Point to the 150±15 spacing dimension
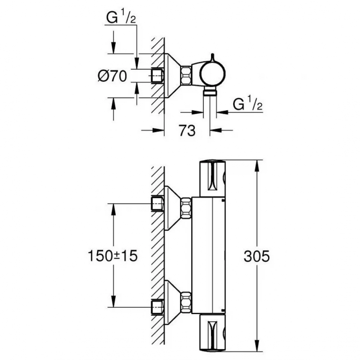[x=112, y=256]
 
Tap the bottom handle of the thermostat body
[x=211, y=333]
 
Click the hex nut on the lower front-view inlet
[x=186, y=300]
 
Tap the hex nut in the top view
[x=186, y=75]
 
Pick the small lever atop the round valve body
[x=211, y=57]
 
